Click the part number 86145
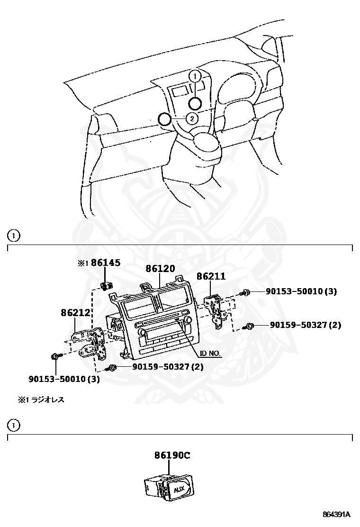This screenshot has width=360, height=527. [106, 263]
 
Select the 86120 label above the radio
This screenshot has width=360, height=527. [160, 269]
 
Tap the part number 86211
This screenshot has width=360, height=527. [211, 276]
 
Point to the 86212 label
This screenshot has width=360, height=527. [75, 313]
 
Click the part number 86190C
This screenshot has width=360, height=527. [172, 455]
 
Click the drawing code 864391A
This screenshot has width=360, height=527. [337, 514]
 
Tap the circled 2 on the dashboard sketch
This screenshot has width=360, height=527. [192, 118]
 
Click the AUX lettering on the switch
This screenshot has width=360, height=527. [180, 489]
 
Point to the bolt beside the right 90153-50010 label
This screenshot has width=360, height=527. [246, 293]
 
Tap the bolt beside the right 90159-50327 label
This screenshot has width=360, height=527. [249, 326]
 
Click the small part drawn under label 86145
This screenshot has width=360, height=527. [106, 285]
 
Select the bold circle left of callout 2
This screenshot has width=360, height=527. [164, 118]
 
